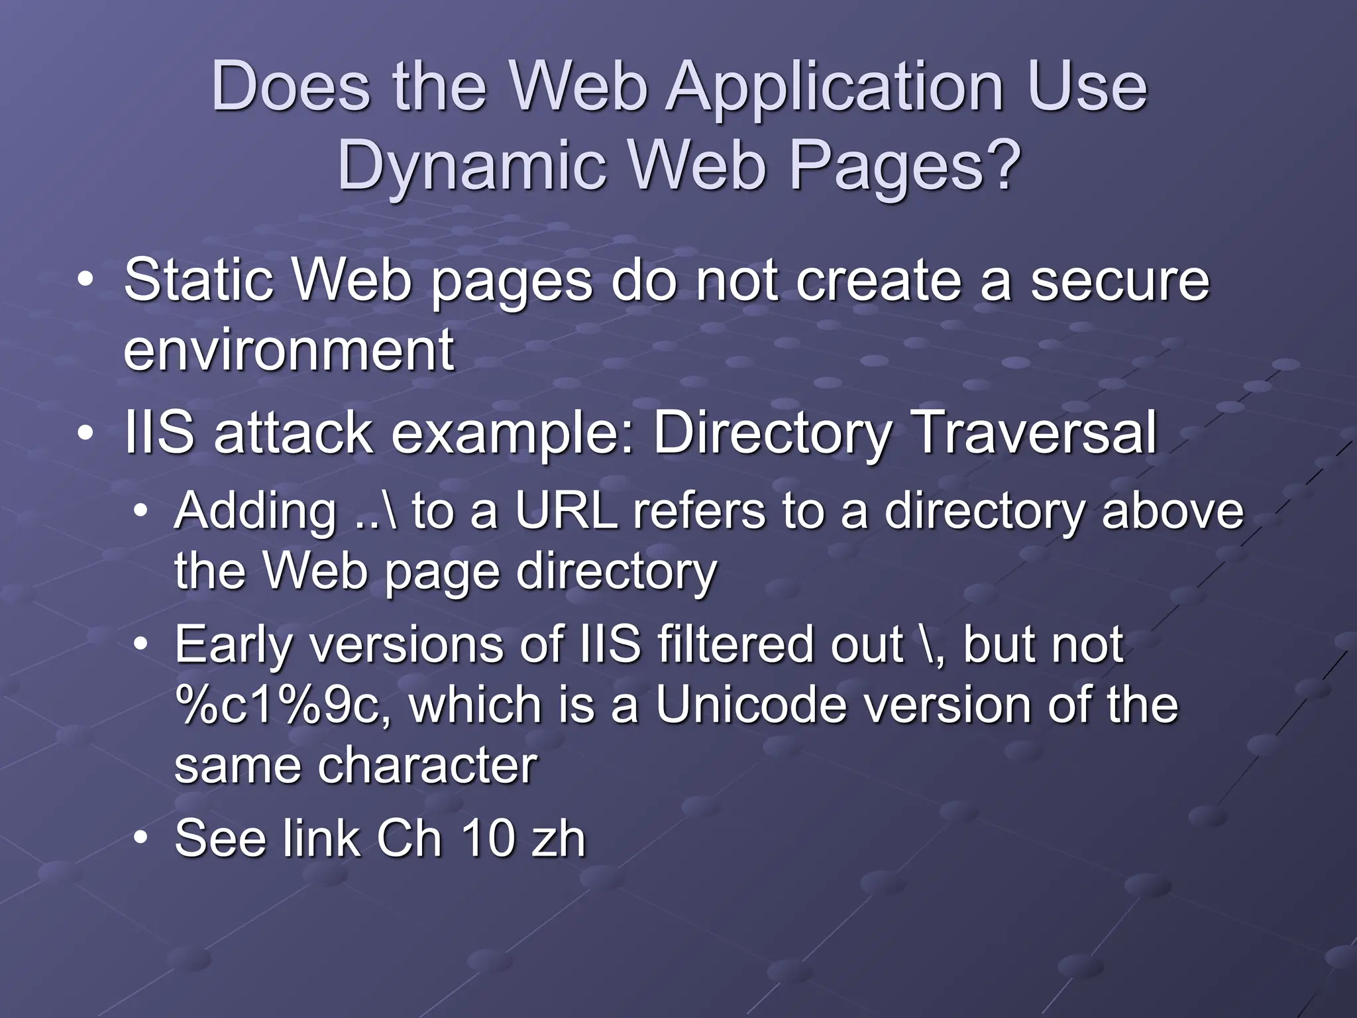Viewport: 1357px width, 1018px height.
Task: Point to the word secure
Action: click(x=1120, y=280)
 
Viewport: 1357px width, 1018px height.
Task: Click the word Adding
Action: click(x=256, y=511)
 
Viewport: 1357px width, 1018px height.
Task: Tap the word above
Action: click(x=1172, y=511)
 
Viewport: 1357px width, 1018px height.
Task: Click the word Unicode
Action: click(x=751, y=705)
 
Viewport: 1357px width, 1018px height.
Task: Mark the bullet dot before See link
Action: click(x=140, y=838)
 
